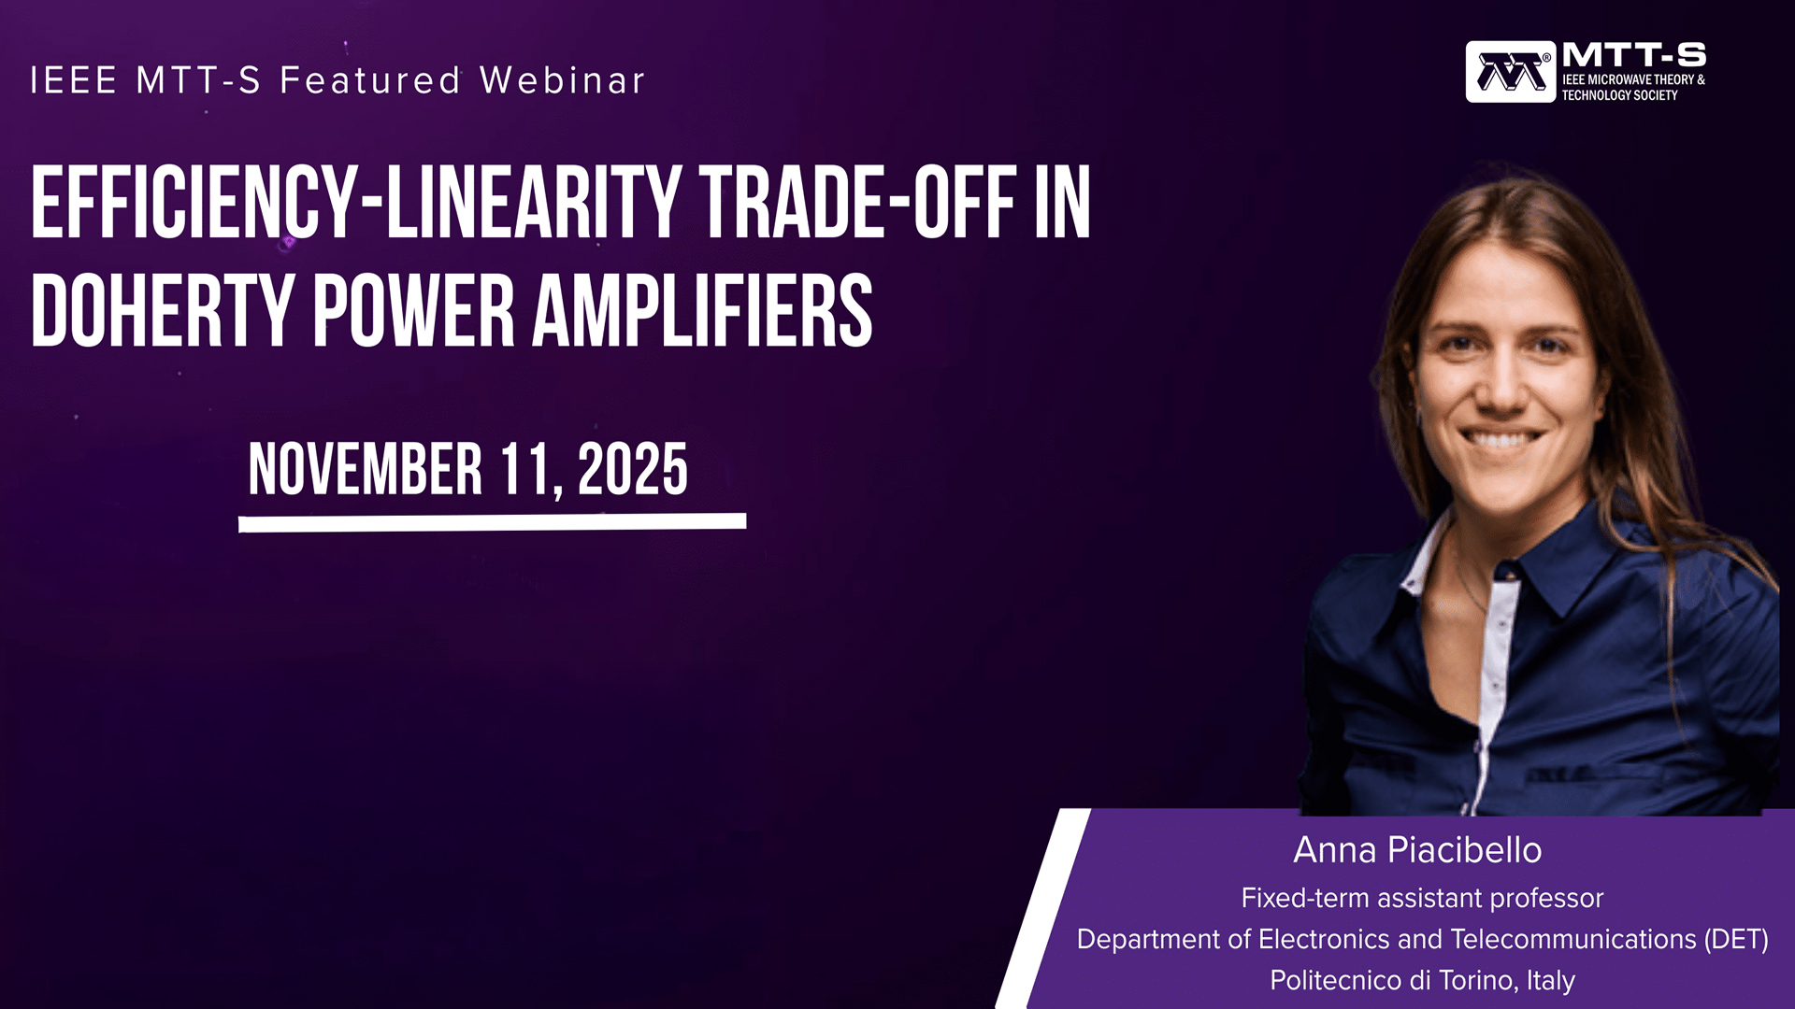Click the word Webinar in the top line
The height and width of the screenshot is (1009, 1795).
click(563, 80)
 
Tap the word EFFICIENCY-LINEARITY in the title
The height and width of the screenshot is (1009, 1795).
click(356, 203)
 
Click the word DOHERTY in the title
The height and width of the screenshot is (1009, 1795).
click(164, 311)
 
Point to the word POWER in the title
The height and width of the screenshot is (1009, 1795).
click(413, 311)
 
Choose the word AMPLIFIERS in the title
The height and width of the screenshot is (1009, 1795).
click(702, 311)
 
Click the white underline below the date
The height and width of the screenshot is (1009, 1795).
click(493, 522)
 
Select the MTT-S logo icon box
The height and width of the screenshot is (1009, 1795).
click(1511, 72)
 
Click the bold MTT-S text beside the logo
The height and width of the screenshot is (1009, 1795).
click(1633, 55)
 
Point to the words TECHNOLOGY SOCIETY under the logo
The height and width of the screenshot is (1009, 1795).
click(1619, 95)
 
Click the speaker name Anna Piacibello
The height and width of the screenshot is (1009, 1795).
click(1417, 850)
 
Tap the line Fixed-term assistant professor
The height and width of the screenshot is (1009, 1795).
click(1422, 898)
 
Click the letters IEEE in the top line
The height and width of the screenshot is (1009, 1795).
click(74, 80)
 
